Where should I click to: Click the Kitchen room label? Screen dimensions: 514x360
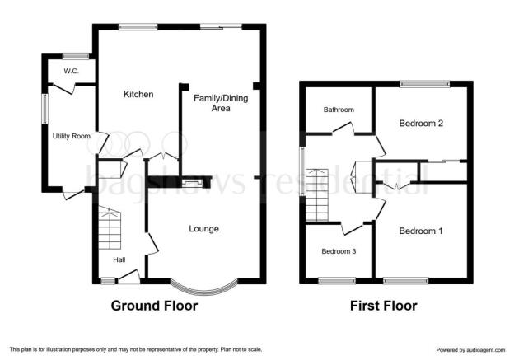[138, 95]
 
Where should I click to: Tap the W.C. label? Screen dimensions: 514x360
[71, 71]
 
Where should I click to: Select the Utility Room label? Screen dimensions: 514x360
[71, 136]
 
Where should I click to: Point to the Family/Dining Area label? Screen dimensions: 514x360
[221, 103]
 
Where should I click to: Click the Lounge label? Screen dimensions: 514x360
[204, 228]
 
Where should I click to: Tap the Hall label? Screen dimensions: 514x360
[119, 260]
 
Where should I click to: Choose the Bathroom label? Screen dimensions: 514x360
[339, 110]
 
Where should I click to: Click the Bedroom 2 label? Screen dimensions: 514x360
[421, 124]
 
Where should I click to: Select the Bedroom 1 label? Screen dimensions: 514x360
[421, 231]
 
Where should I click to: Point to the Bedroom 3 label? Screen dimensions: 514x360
[339, 251]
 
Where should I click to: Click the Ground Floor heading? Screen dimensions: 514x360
[154, 306]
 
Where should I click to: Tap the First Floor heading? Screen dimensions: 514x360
[384, 306]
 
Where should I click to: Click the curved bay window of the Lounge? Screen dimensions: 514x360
[204, 291]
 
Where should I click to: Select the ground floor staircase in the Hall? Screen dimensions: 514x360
[110, 228]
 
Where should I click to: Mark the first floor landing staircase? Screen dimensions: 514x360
[317, 194]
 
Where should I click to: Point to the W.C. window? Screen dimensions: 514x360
[76, 56]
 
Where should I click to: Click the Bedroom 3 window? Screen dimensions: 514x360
[337, 281]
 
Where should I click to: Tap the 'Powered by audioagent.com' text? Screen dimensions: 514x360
[470, 350]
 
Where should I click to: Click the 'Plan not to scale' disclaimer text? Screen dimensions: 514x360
[241, 349]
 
